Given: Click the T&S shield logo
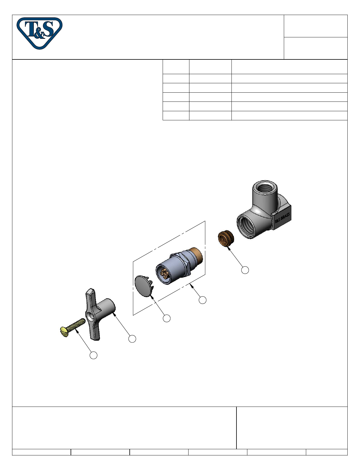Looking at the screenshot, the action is pyautogui.click(x=39, y=33).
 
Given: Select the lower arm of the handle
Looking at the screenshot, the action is pyautogui.click(x=94, y=330).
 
